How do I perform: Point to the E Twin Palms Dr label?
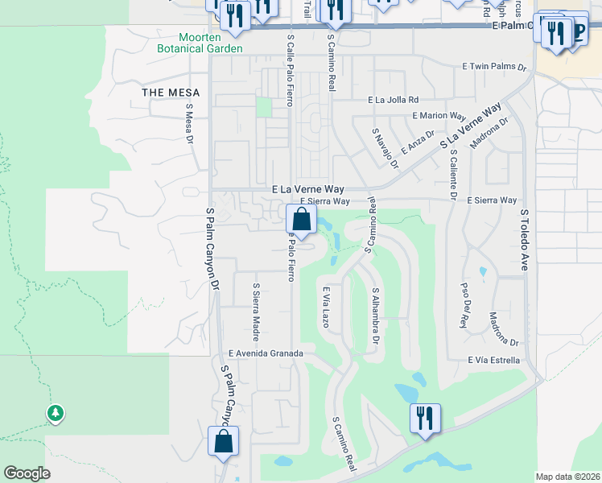pos(493,68)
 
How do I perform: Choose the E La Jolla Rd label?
pos(394,101)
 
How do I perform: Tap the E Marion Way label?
pos(439,116)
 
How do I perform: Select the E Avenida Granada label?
pos(266,353)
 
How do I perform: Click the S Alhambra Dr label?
pos(374,316)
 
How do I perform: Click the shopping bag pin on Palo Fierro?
pos(300,219)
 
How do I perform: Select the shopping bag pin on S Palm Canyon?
pos(223,441)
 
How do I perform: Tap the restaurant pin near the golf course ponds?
pos(425,418)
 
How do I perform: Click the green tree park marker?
pos(55,414)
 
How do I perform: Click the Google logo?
pos(27,473)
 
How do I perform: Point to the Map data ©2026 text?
pos(567,477)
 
